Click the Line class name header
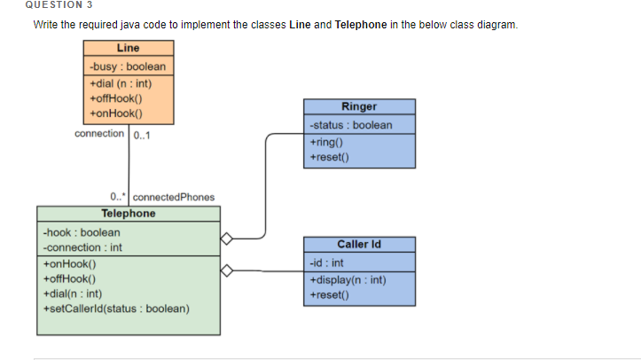point(128,49)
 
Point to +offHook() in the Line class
point(116,98)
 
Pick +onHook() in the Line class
point(116,113)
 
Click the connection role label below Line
point(99,134)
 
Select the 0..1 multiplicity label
point(142,136)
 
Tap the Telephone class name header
point(128,214)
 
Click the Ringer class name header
point(359,106)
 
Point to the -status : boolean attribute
point(351,125)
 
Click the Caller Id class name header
point(359,244)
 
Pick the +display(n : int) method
point(348,280)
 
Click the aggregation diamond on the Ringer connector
point(227,238)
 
